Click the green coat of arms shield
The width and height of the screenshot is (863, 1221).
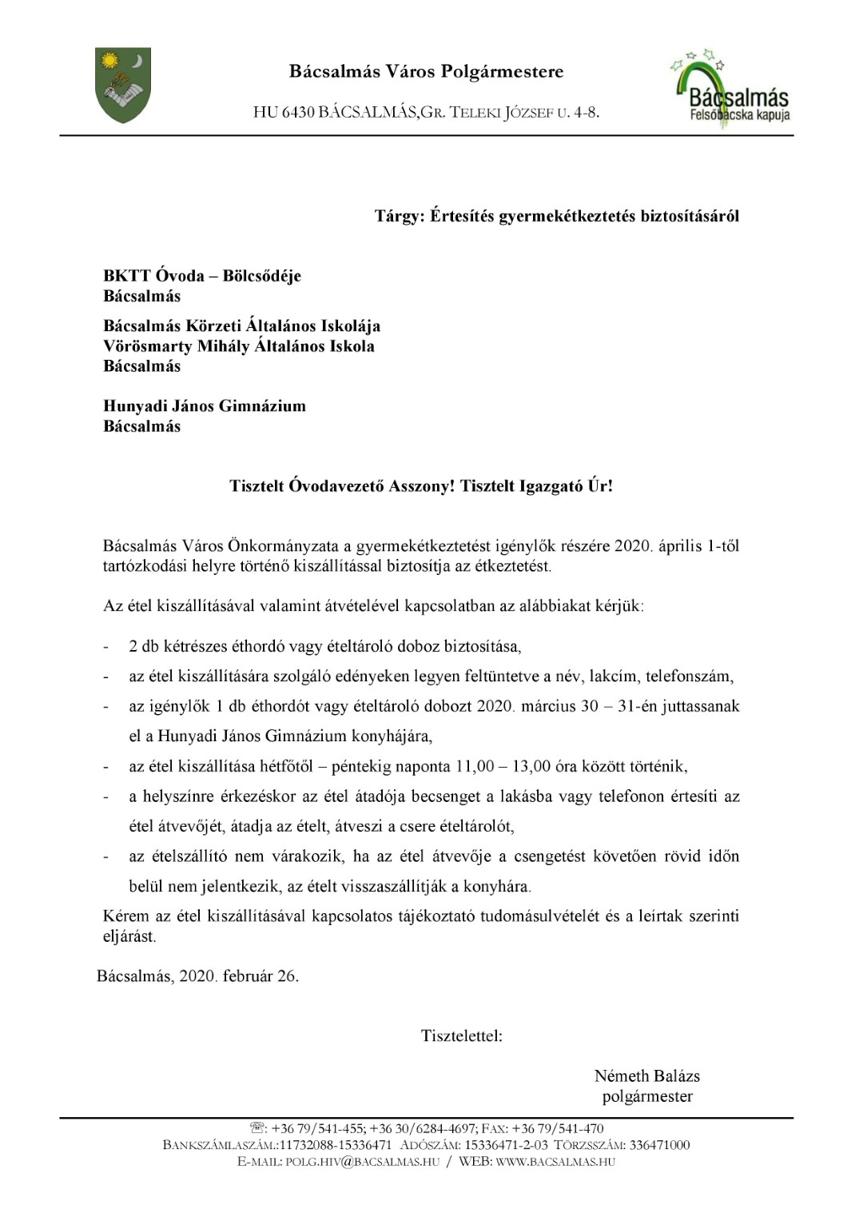click(x=122, y=85)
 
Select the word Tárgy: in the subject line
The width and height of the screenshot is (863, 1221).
click(x=399, y=216)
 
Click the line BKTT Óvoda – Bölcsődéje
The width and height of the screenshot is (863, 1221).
click(x=202, y=276)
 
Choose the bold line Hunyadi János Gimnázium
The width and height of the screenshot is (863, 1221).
click(x=205, y=406)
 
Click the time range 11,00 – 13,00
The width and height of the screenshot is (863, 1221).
click(x=503, y=767)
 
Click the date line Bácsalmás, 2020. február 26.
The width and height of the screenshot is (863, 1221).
click(x=198, y=976)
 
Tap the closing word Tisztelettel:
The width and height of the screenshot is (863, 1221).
click(x=462, y=1036)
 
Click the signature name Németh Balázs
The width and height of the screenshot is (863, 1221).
click(x=647, y=1076)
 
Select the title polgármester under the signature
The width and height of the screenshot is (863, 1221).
click(x=647, y=1097)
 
